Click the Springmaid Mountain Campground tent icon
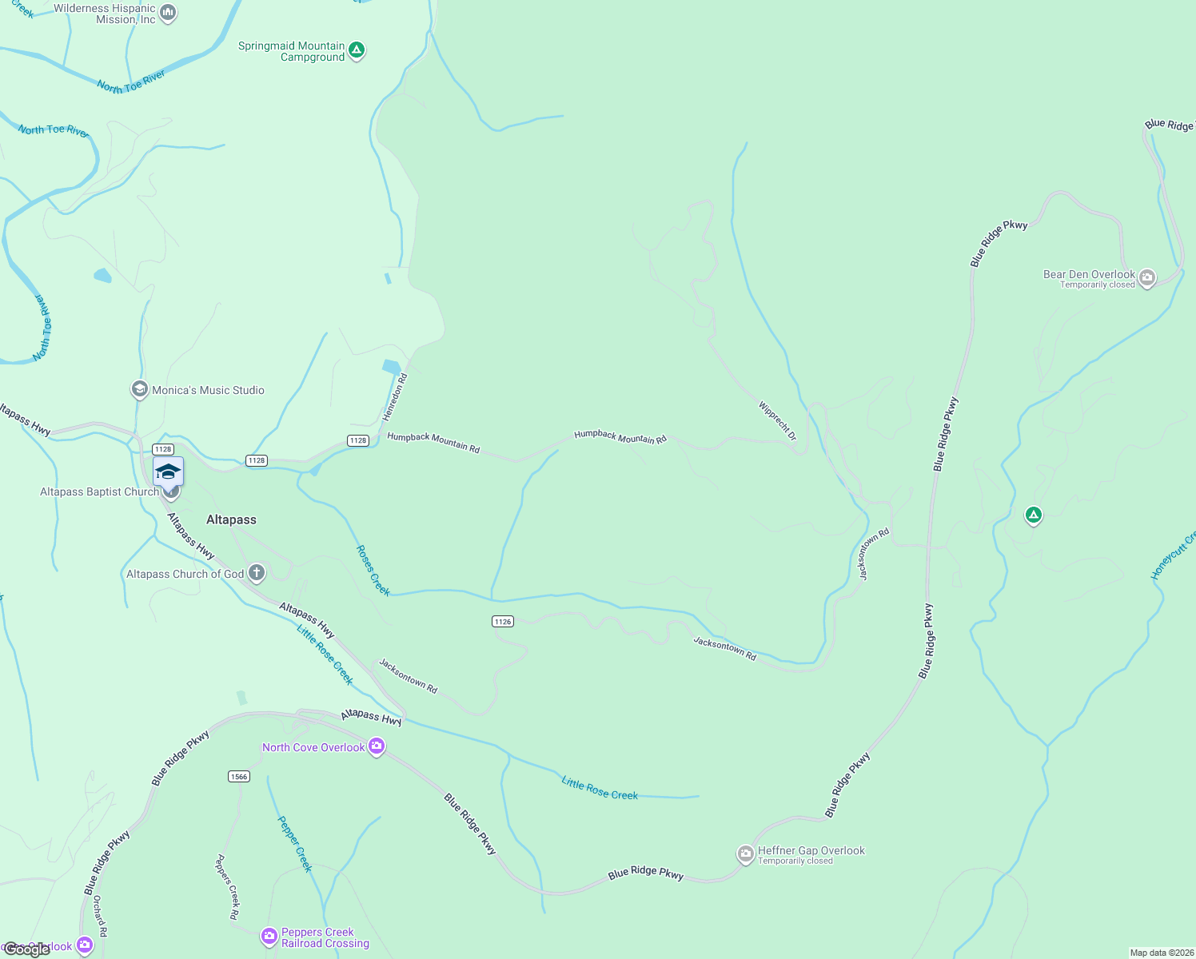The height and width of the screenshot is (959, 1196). coord(357,50)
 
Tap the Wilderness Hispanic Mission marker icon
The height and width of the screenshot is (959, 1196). coord(168,13)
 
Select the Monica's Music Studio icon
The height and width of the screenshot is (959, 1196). coord(140,389)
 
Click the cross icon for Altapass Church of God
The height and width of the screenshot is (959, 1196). coord(257,572)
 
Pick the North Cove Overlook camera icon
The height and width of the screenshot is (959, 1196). coord(377,746)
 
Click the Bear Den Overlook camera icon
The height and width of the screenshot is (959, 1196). coord(1147,278)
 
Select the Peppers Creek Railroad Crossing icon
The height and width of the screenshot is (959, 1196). coord(269,936)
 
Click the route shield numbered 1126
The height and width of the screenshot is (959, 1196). coord(503,621)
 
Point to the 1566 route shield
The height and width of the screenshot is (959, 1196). coord(238,776)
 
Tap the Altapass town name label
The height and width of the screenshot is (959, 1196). coord(231,519)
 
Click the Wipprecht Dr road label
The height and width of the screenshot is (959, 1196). coord(778,421)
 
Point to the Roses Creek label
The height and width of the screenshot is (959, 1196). coord(373,571)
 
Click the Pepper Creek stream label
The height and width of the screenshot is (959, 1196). coord(294,843)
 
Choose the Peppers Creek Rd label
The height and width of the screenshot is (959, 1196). coord(227,886)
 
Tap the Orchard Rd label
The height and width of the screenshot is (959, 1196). coord(99,916)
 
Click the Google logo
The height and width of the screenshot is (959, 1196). coord(26,949)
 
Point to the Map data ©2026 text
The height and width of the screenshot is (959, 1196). coord(1161,953)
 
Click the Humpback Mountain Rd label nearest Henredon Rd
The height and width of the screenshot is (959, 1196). coord(433,442)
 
